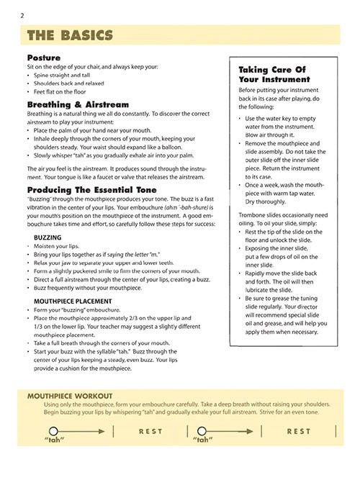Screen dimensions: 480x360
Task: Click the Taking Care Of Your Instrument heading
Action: [269, 75]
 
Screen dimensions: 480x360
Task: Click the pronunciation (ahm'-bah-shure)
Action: [170, 205]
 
